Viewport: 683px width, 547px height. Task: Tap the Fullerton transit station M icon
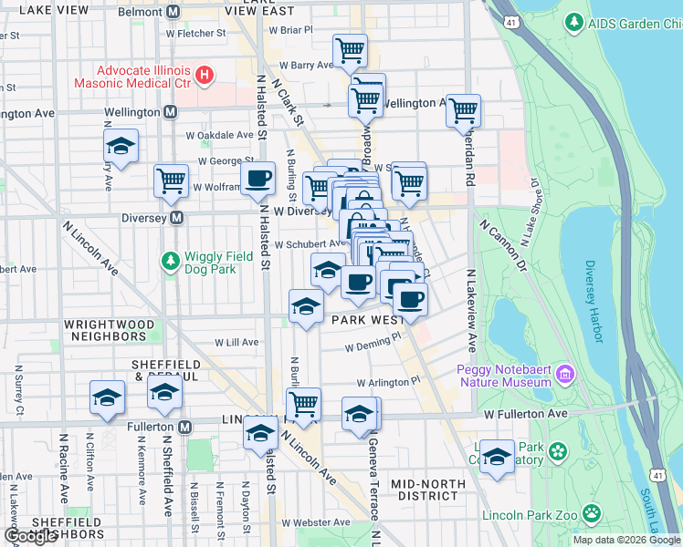(185, 427)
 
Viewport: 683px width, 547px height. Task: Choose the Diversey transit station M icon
(177, 219)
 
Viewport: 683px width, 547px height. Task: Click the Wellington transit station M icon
(170, 111)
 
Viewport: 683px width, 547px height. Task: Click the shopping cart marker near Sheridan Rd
(464, 110)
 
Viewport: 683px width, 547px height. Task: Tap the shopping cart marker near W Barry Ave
(350, 51)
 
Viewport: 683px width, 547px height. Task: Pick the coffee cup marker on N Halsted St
(257, 178)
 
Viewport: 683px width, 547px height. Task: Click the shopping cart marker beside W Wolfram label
(171, 181)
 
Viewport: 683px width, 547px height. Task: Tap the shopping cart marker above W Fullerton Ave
(303, 403)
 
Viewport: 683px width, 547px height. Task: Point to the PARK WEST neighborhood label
(368, 321)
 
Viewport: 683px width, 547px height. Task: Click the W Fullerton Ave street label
(526, 414)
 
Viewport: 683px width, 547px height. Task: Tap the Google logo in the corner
(31, 536)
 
